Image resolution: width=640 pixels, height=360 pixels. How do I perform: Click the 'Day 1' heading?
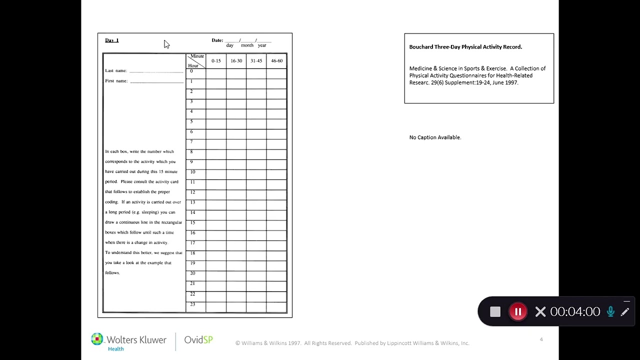click(x=112, y=40)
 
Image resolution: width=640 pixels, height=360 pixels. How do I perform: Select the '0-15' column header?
click(x=216, y=61)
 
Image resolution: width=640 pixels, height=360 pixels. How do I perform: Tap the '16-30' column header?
click(x=236, y=61)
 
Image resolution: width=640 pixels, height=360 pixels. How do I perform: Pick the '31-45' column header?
click(x=256, y=61)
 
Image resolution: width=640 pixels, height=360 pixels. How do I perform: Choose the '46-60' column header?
click(x=276, y=61)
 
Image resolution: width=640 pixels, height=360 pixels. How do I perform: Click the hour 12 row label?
click(x=192, y=192)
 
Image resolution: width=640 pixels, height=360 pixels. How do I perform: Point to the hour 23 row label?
click(x=192, y=304)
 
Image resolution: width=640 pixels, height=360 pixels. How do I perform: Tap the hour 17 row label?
click(x=192, y=243)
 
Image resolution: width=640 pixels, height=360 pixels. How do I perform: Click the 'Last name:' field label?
click(x=116, y=71)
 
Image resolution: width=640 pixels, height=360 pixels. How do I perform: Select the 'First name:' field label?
click(x=116, y=81)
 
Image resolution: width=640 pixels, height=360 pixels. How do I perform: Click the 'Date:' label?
click(x=217, y=40)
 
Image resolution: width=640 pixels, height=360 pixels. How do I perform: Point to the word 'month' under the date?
click(x=247, y=45)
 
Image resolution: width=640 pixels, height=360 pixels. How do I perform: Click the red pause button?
click(x=518, y=312)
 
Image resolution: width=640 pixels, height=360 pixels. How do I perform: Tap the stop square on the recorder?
click(x=495, y=312)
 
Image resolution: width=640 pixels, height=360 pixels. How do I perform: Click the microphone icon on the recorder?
click(x=610, y=312)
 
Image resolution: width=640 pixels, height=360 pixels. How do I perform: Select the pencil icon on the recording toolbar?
click(x=625, y=312)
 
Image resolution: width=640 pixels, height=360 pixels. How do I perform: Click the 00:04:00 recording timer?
click(x=575, y=312)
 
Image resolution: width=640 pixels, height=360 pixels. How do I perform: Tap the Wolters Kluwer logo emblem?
click(x=97, y=339)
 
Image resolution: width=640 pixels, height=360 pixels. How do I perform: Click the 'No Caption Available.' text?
click(x=435, y=137)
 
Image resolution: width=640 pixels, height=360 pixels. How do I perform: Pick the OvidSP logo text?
click(x=198, y=340)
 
